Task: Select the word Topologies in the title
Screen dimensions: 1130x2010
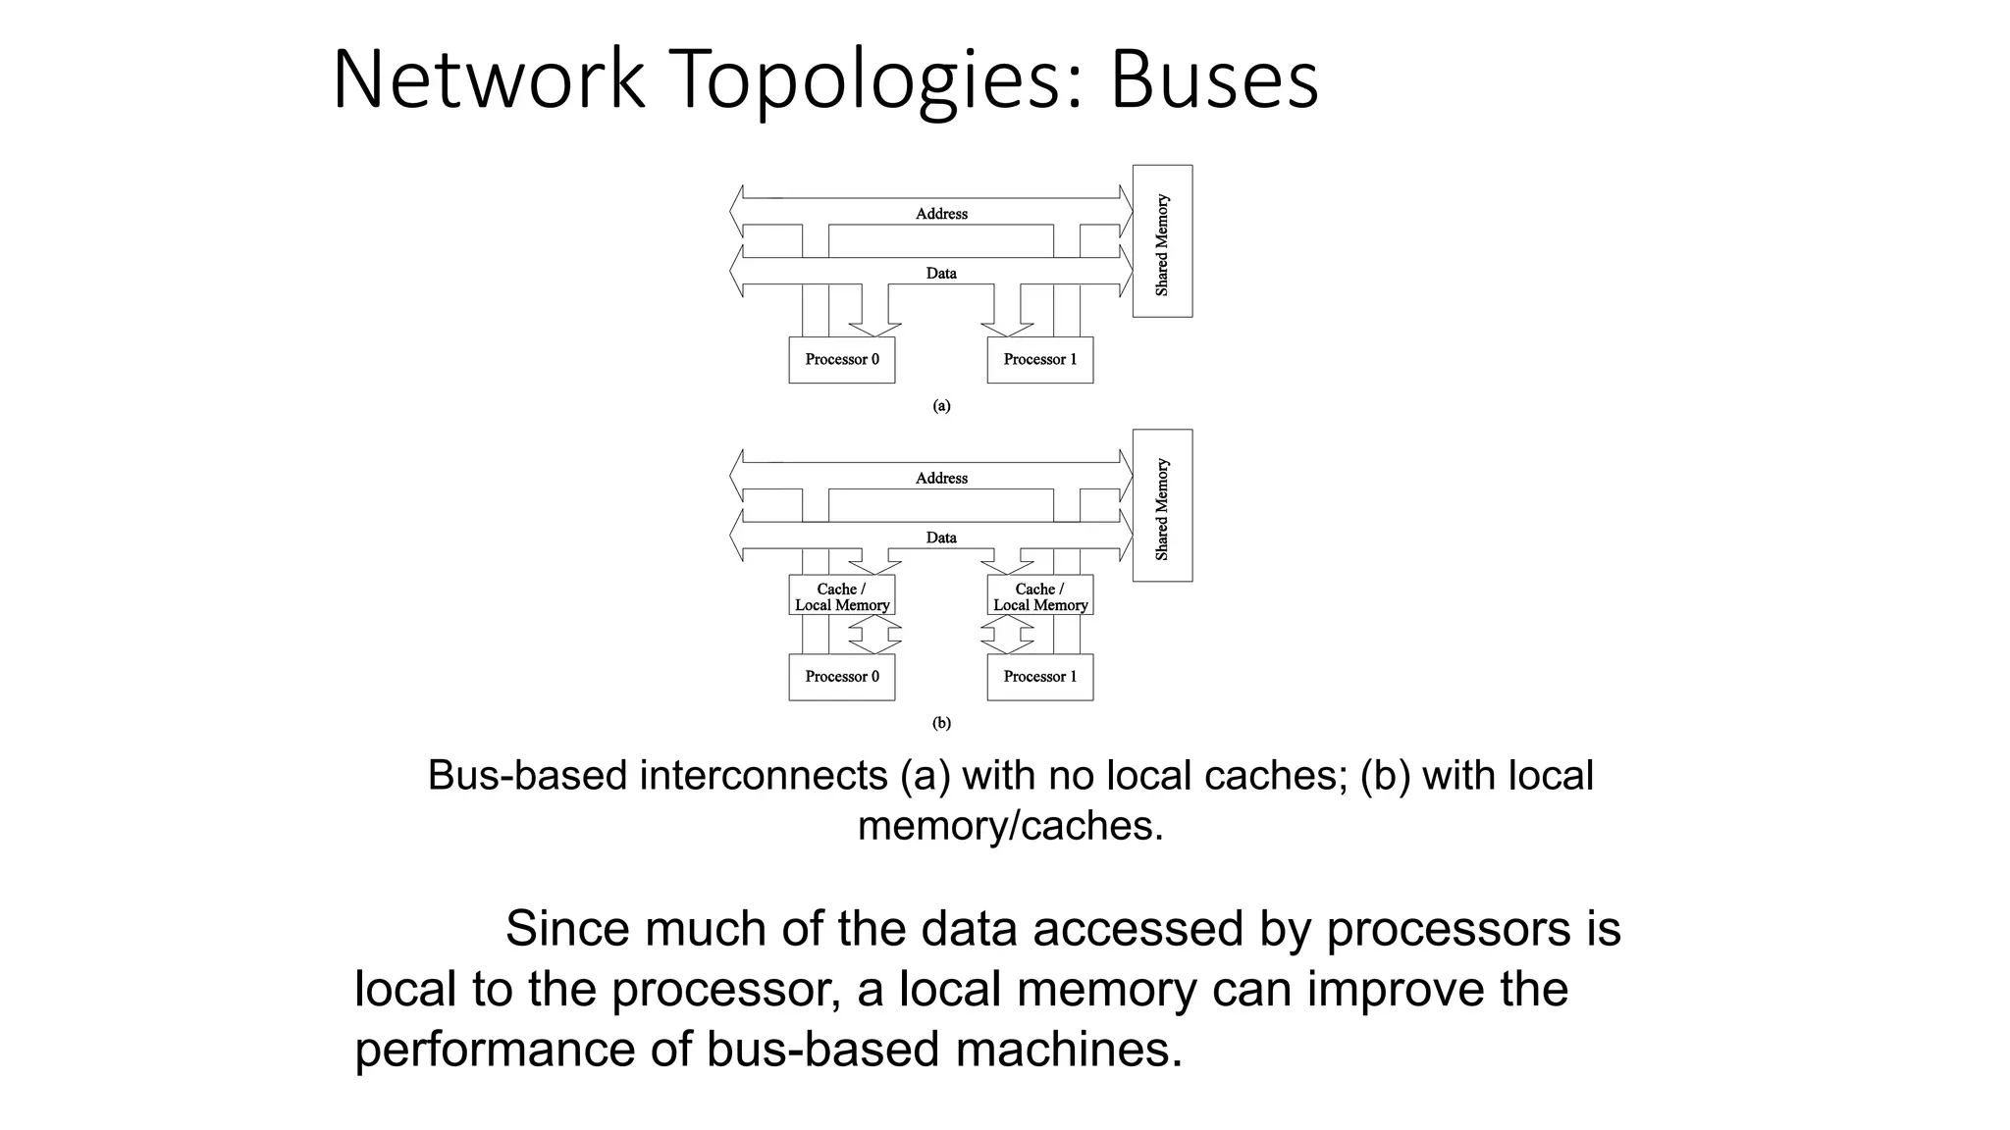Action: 866,80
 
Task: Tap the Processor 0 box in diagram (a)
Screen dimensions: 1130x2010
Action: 842,360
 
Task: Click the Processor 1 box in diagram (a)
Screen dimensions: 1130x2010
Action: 1039,360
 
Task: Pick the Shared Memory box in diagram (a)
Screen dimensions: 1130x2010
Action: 1162,241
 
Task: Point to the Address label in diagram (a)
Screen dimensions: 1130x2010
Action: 941,214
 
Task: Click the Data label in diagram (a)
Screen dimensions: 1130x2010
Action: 941,274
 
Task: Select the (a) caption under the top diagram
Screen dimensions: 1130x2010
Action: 941,406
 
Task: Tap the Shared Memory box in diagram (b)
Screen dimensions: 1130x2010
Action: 1162,506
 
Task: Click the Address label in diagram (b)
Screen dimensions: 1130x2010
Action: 941,479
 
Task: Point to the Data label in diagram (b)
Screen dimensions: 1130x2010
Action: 941,538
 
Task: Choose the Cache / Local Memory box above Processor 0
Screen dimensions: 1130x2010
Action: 842,596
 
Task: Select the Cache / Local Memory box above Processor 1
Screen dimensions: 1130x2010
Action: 1039,596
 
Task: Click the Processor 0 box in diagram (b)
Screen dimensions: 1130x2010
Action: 842,677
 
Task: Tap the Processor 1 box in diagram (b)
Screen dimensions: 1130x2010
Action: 1039,677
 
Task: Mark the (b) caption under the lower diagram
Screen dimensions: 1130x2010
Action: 941,724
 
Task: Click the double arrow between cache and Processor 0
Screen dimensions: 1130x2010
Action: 874,635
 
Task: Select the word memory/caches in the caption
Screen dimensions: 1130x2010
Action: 1010,826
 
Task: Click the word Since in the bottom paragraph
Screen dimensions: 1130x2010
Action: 566,929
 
